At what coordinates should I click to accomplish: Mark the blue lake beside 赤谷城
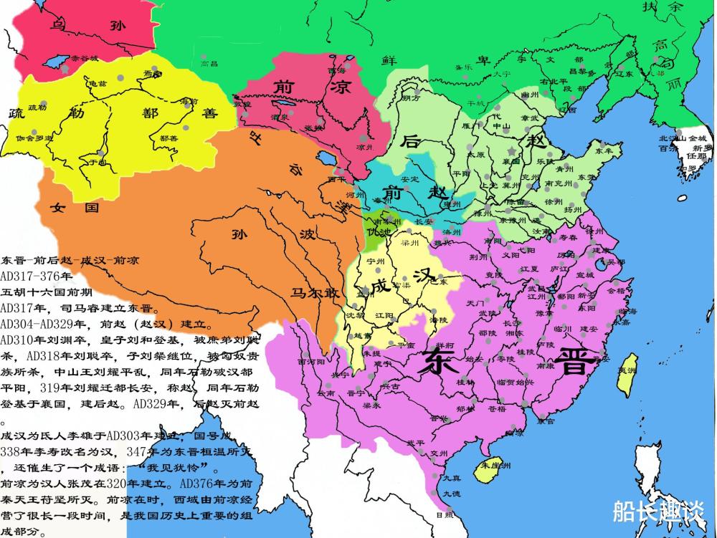pyautogui.click(x=55, y=62)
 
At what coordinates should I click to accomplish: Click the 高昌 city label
pyautogui.click(x=208, y=64)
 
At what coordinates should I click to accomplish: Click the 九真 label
pyautogui.click(x=451, y=478)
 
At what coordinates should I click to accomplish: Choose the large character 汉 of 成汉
pyautogui.click(x=424, y=276)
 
